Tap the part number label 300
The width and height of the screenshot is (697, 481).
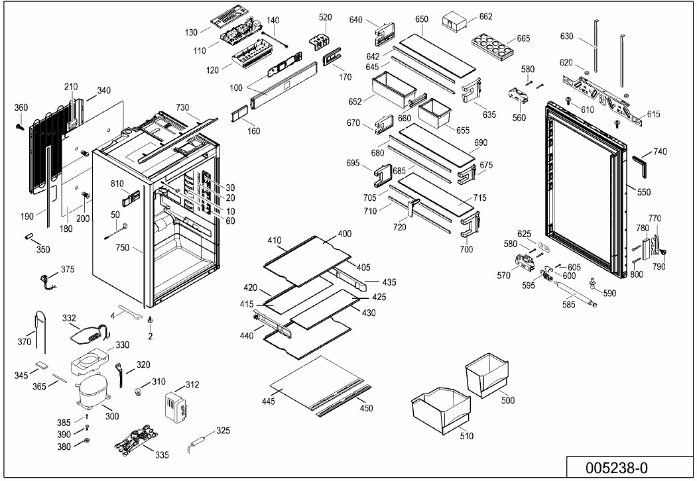click(x=112, y=416)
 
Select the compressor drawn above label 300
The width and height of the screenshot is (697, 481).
click(x=92, y=392)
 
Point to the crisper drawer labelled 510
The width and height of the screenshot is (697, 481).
click(x=440, y=411)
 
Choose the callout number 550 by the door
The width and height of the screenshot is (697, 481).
click(x=644, y=192)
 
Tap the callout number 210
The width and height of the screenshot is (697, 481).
click(x=71, y=87)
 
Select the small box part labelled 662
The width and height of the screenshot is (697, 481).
click(x=456, y=21)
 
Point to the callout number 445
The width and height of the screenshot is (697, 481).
click(x=287, y=402)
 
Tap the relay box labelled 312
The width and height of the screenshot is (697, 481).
click(x=178, y=405)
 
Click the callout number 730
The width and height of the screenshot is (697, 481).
click(x=182, y=107)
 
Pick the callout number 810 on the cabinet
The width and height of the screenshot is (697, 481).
click(x=117, y=184)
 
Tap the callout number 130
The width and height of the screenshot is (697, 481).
click(x=192, y=32)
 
